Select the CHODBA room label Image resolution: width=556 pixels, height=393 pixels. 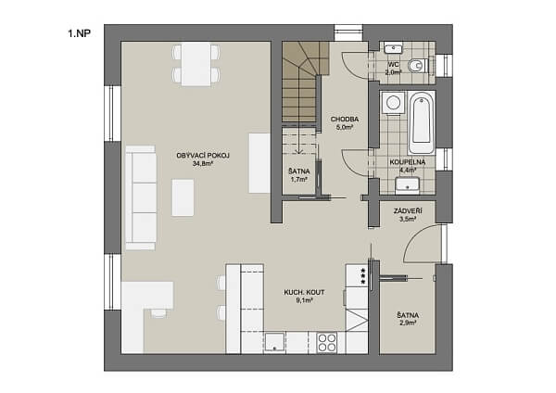tap(344, 120)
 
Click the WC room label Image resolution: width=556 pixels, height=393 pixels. tap(393, 64)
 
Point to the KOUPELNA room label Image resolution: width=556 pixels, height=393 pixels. tap(406, 161)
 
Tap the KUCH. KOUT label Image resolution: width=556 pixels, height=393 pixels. tap(305, 292)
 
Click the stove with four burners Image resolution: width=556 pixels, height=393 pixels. tap(327, 342)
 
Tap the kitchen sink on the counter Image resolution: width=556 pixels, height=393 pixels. tap(276, 342)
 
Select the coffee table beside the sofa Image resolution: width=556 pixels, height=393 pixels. tap(183, 196)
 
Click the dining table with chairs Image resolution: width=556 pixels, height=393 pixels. tap(197, 65)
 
